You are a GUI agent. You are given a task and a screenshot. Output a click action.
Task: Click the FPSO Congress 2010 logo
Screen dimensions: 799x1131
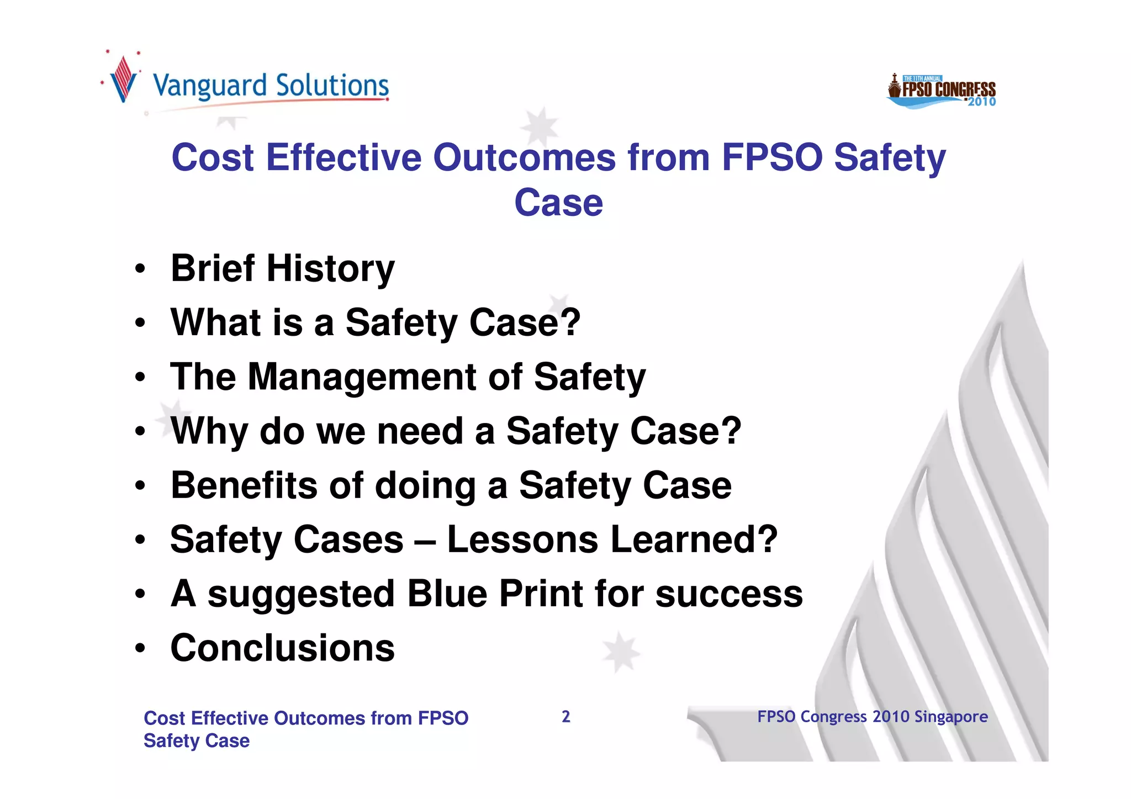[942, 91]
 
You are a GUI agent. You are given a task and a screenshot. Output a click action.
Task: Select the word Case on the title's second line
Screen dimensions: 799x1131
[558, 203]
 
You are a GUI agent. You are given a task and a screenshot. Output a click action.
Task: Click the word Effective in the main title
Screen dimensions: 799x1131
[343, 158]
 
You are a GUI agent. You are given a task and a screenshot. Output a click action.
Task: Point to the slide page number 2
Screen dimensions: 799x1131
[565, 717]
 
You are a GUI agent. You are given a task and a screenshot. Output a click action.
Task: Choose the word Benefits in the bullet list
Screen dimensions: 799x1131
[244, 485]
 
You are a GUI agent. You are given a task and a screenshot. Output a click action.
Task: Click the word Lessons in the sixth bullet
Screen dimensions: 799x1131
[522, 539]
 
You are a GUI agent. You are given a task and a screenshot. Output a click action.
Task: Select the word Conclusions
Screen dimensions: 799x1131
[282, 648]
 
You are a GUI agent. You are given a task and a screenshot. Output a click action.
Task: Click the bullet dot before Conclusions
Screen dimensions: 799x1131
[140, 648]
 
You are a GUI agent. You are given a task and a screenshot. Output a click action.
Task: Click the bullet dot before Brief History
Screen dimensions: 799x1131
[140, 269]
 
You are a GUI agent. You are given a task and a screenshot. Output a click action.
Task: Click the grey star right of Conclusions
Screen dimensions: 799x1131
[621, 652]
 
